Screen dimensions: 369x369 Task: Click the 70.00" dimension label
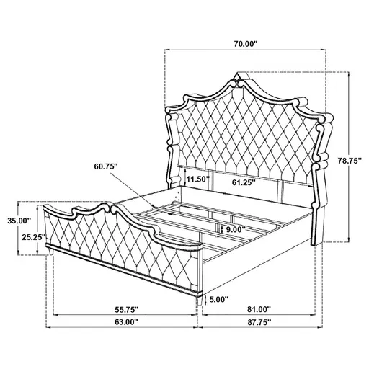click(x=245, y=43)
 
